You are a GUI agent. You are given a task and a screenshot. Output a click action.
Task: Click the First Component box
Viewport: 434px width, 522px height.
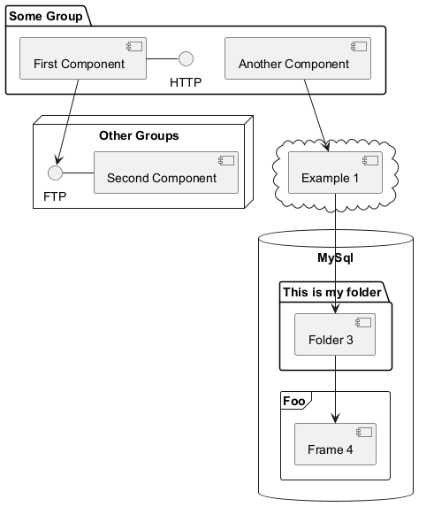(83, 58)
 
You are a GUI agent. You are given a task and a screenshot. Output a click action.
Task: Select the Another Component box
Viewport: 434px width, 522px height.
(298, 58)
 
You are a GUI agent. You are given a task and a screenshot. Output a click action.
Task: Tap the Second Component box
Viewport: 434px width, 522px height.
(166, 173)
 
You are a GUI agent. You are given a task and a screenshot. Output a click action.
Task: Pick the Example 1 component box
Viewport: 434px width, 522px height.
(335, 173)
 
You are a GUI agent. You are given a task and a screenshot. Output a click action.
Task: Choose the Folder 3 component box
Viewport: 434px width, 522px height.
(335, 334)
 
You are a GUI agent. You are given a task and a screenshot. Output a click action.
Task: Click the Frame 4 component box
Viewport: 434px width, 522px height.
(335, 444)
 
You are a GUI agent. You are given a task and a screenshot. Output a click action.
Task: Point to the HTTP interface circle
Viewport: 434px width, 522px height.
(186, 59)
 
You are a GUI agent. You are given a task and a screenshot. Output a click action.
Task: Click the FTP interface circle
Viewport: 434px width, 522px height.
(55, 173)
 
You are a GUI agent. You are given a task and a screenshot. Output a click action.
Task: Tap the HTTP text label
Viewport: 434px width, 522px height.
(186, 82)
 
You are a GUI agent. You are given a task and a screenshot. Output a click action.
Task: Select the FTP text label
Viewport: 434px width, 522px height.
(55, 196)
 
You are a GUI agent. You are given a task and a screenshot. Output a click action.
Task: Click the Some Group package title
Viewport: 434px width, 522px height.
(46, 16)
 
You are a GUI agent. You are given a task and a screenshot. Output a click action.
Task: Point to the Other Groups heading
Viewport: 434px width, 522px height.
(139, 135)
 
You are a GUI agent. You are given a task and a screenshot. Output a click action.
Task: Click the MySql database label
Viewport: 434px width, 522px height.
(335, 257)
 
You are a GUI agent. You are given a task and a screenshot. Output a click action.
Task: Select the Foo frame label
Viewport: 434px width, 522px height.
(294, 401)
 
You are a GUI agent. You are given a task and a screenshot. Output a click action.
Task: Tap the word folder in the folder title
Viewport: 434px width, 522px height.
(363, 292)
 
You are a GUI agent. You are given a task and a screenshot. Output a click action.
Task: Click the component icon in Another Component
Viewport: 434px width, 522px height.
(359, 46)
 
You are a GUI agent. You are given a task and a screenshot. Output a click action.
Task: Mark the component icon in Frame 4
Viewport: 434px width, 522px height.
(364, 432)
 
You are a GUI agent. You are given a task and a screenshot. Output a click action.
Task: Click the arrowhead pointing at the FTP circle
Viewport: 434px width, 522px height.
(59, 159)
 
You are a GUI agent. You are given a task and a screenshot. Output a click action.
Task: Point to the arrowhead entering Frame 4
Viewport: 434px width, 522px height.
(335, 418)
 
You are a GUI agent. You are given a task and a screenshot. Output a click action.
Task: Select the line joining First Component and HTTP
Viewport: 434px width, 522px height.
(163, 59)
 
